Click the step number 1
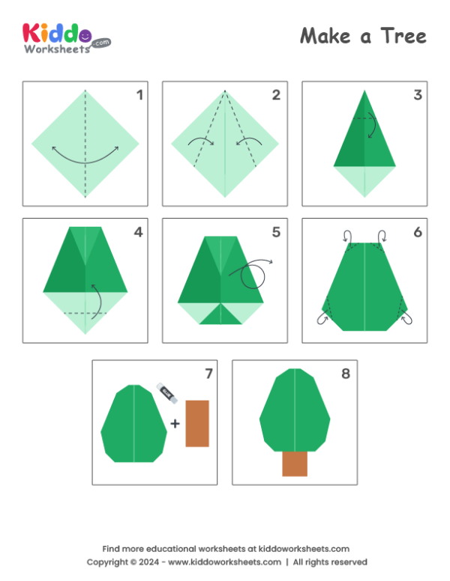coord(139,94)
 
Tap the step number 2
coord(276,94)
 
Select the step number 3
coord(417,94)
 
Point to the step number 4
coord(138,231)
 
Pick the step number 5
coord(276,231)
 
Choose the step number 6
coord(417,231)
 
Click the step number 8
coord(346,373)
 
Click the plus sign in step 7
coord(175,424)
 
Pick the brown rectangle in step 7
coord(197,423)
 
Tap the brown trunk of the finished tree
coord(295,463)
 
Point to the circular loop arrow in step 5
coord(253,276)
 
